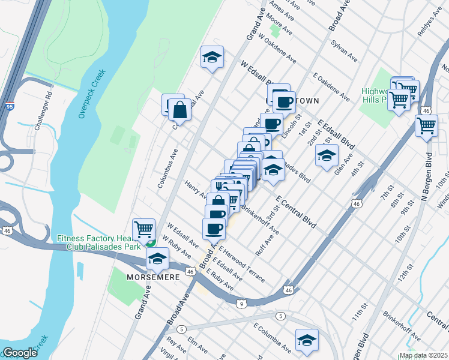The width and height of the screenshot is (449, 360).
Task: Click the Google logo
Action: pos(20,353)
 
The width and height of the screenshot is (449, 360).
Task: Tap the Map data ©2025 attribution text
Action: pos(423,355)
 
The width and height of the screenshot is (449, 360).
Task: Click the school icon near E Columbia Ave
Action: pos(307,338)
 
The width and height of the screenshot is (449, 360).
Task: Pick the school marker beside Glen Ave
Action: pos(325,155)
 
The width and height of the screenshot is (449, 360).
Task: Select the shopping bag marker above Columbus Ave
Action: pos(179,110)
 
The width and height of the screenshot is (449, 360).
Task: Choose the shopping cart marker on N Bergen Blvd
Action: pos(426,126)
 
